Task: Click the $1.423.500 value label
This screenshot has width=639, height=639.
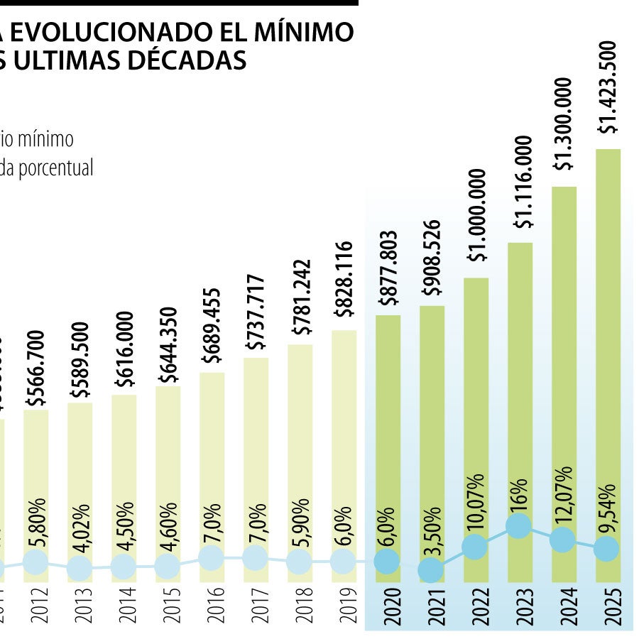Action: pos(608,87)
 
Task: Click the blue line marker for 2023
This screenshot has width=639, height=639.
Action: pos(519,526)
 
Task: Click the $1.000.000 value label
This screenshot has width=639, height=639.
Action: pos(476,214)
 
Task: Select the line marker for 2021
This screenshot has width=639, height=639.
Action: pos(431,569)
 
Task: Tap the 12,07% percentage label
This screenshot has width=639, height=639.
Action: pos(563,496)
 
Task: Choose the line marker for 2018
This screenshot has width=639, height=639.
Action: pos(300,562)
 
